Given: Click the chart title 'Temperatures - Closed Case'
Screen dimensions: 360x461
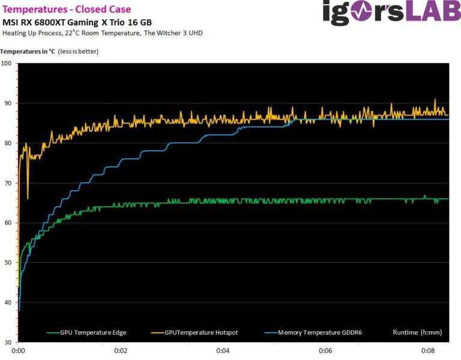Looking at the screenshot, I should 67,9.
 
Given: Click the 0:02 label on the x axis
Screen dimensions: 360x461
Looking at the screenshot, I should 121,350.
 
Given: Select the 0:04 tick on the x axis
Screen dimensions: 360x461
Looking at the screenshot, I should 223,350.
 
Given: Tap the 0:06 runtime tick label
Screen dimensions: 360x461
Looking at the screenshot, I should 326,350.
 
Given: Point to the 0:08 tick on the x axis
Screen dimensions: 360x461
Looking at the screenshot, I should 428,350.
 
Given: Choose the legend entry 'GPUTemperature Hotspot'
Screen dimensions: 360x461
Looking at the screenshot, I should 201,332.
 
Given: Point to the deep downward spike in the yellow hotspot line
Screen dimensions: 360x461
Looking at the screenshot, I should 28,197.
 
